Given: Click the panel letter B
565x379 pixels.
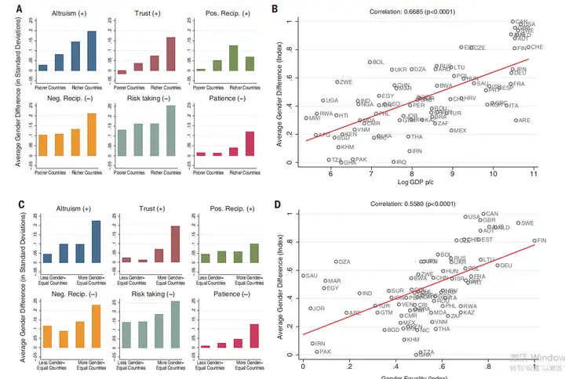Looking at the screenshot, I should pos(273,9).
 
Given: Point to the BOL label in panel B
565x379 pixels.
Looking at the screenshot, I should pos(377,63).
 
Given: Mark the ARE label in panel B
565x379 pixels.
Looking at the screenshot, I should pos(523,121).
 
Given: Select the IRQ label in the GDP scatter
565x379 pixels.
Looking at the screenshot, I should pos(400,162).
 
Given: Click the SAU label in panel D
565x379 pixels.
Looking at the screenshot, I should pos(311,276).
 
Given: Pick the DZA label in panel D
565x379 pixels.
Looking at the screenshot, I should pos(344,262).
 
